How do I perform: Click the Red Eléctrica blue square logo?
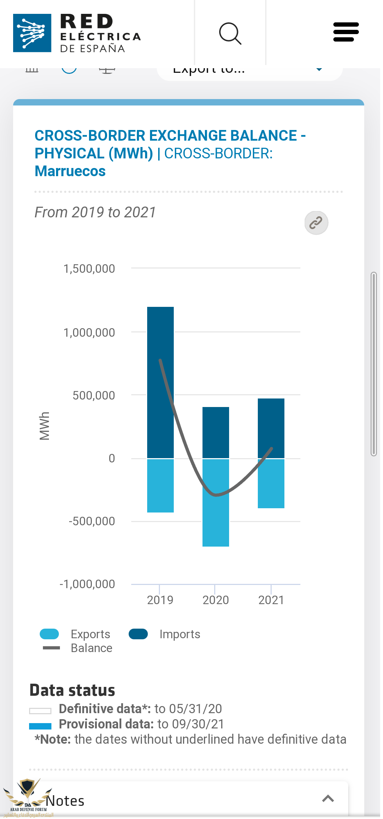click(x=32, y=33)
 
